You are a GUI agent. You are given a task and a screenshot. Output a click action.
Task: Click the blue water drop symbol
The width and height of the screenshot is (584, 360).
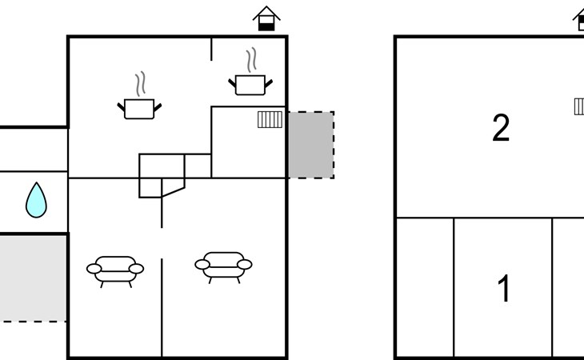[x=36, y=201]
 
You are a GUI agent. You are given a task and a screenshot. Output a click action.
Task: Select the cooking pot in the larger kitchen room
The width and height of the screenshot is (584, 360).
[x=139, y=109]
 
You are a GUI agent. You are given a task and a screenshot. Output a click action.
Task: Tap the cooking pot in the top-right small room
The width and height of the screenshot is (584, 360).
[x=250, y=86]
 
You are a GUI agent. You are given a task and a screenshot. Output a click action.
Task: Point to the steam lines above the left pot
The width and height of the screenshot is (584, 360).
[x=140, y=84]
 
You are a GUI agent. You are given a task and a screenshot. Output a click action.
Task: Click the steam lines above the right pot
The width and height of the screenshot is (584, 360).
[x=251, y=59]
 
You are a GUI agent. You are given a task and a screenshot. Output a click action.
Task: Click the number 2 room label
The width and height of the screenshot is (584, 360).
[x=501, y=128]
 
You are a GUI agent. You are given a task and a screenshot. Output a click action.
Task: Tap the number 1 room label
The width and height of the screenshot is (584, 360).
[x=504, y=288]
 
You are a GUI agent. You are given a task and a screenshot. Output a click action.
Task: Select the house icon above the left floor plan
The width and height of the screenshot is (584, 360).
[x=266, y=18]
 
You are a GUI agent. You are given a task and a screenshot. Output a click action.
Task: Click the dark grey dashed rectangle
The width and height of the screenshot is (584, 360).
[x=311, y=145]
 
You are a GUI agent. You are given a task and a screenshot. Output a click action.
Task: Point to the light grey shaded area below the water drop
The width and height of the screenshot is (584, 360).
[x=33, y=278]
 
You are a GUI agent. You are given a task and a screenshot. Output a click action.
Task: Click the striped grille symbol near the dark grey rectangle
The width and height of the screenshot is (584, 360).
[x=270, y=119]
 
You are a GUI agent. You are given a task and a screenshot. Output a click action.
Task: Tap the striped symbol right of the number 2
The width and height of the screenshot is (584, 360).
[x=579, y=106]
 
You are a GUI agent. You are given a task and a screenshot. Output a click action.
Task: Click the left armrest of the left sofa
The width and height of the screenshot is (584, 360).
[x=94, y=269]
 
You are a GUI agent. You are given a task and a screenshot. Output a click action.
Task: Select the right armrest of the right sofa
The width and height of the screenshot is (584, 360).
[x=245, y=265]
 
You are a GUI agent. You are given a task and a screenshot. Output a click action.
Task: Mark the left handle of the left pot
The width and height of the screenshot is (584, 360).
[x=121, y=107]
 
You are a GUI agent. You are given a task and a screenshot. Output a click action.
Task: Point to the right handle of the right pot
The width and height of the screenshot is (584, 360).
[x=269, y=83]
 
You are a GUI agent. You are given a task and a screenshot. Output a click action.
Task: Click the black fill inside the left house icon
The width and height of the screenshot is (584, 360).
[x=266, y=27]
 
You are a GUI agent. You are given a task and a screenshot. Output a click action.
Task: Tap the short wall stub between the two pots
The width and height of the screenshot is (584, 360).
[x=211, y=49]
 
